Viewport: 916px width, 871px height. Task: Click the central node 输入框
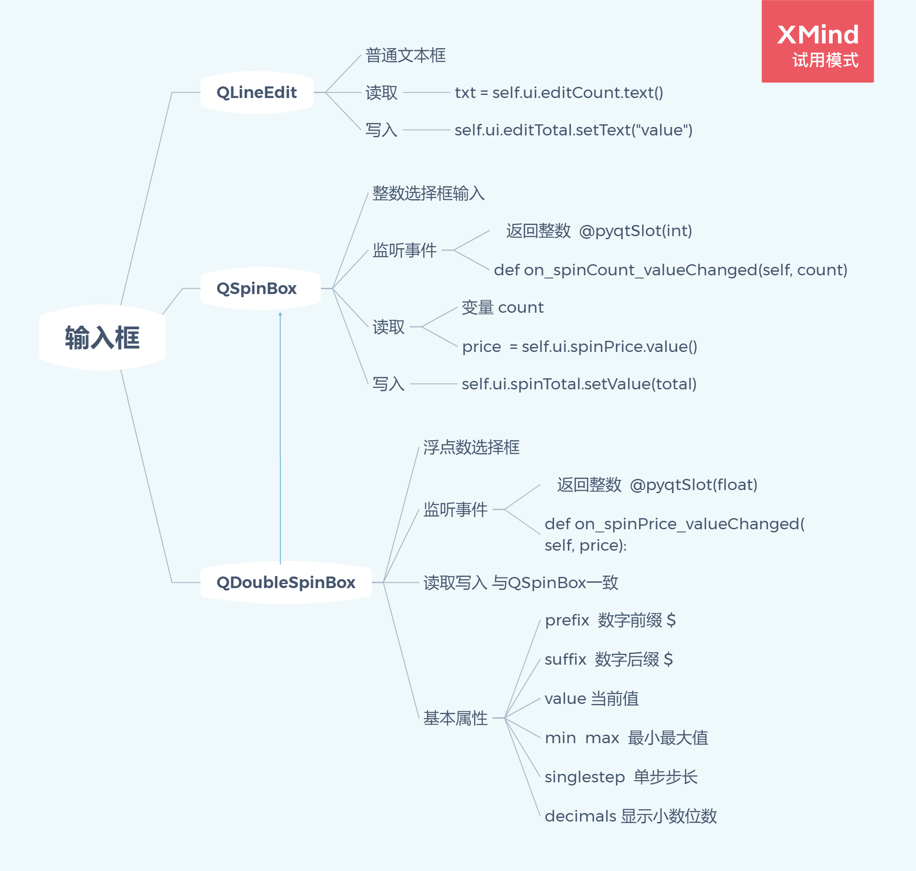click(x=102, y=338)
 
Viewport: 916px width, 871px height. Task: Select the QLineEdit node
click(x=256, y=92)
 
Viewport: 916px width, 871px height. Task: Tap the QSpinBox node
click(x=256, y=288)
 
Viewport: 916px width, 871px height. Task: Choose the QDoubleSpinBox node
click(x=286, y=582)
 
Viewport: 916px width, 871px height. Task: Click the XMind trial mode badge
click(x=817, y=42)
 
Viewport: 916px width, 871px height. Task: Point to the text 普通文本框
click(x=405, y=55)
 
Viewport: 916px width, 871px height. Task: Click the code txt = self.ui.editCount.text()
click(x=559, y=92)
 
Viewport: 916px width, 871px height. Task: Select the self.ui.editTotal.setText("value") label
click(x=573, y=130)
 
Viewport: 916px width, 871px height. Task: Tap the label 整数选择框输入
click(x=428, y=193)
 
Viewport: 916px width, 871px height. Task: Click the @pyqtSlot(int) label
click(x=636, y=231)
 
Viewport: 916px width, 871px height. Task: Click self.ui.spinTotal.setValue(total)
click(x=579, y=384)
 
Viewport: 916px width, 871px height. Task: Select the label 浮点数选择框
click(x=471, y=447)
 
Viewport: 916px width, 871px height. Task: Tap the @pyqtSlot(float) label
click(x=693, y=485)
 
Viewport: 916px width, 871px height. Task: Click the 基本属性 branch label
click(x=455, y=718)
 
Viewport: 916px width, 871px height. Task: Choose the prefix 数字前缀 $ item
click(x=610, y=620)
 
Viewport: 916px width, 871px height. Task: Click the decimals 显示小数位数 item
click(x=630, y=816)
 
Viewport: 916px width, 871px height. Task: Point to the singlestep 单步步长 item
click(x=620, y=777)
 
